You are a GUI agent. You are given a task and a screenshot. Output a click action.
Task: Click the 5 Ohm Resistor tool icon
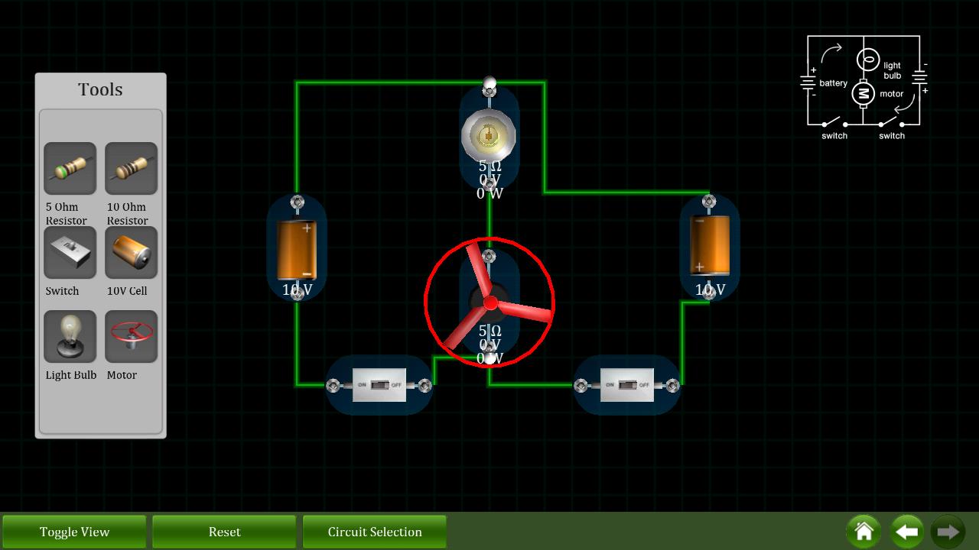70,168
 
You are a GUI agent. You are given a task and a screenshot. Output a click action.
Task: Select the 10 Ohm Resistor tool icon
131,168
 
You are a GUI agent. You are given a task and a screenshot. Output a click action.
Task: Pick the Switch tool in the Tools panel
70,252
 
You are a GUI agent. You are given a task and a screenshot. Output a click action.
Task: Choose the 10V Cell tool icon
131,252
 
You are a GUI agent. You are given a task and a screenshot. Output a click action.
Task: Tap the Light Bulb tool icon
70,336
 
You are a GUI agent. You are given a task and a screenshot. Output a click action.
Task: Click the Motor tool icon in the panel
131,336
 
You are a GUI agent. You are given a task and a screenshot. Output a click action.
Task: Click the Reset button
224,532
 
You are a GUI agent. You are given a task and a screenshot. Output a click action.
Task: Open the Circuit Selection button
374,532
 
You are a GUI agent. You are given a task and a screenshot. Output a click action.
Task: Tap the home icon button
864,532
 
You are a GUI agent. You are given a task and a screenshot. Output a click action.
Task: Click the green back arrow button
906,532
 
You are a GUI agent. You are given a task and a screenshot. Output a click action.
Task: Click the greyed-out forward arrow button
947,532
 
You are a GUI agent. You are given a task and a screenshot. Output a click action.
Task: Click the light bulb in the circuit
489,137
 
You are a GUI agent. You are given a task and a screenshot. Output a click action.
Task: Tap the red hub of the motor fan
490,304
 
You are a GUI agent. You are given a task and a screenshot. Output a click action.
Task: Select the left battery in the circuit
297,249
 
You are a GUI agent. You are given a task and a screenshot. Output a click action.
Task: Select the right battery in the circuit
709,244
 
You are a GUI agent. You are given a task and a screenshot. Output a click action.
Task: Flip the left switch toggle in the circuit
379,385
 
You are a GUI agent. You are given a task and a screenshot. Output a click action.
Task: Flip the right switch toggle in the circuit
626,385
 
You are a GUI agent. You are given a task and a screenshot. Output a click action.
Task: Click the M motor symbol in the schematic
864,93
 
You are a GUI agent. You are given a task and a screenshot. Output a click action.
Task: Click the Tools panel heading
100,89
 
